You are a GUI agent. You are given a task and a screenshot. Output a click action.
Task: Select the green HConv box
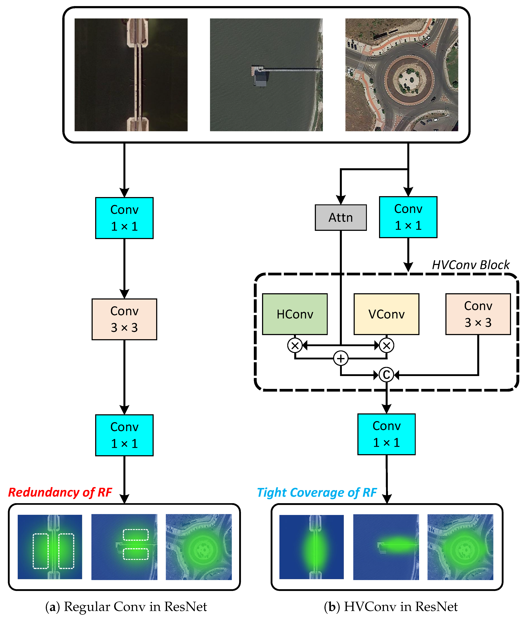click(x=295, y=314)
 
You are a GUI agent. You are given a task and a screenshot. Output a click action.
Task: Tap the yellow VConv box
click(x=386, y=314)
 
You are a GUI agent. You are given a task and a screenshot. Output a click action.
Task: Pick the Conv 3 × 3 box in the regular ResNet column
click(x=124, y=319)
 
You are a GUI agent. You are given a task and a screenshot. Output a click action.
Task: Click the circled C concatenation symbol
click(x=386, y=375)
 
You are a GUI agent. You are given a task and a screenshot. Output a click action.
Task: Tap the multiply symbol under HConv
click(x=295, y=345)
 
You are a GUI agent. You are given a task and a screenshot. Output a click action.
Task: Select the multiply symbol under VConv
click(x=386, y=345)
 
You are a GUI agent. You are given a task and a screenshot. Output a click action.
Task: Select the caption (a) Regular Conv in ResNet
click(x=126, y=607)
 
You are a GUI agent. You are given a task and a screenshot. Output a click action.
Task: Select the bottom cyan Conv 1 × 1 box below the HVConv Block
click(x=386, y=434)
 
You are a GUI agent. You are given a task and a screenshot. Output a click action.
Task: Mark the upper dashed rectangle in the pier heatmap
click(x=136, y=535)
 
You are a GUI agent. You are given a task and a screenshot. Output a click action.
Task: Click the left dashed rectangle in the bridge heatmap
click(x=40, y=551)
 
